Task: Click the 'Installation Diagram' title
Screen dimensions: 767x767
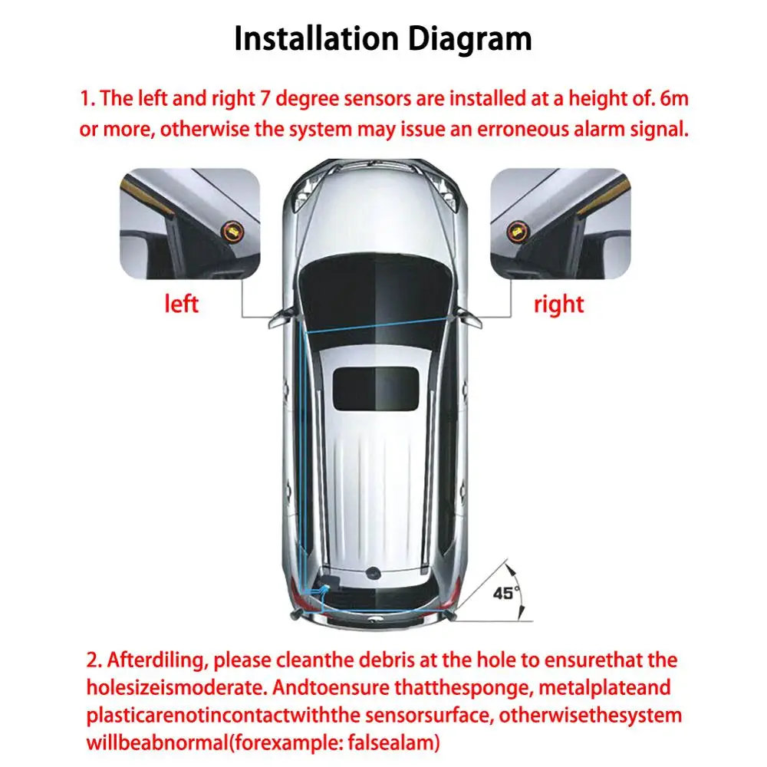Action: pos(383,38)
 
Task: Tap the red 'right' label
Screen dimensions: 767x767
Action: pos(558,304)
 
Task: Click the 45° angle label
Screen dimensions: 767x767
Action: pos(506,592)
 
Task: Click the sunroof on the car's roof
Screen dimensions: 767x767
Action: pos(375,387)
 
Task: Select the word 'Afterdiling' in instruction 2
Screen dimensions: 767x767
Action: pos(161,660)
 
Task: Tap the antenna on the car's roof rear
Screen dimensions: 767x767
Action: pos(375,572)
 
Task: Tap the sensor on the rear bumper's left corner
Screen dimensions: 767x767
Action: pos(293,614)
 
